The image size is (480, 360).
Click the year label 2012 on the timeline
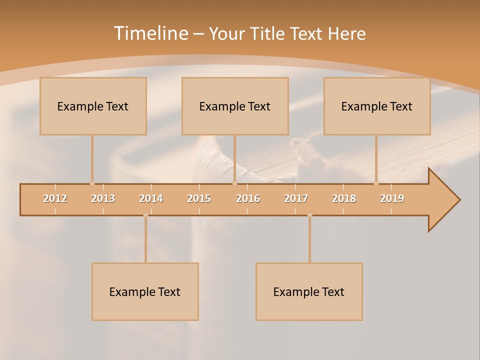pyautogui.click(x=55, y=199)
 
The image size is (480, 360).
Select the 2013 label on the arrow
pyautogui.click(x=103, y=199)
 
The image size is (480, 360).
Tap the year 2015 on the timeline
pyautogui.click(x=199, y=199)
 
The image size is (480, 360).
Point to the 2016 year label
pyautogui.click(x=248, y=199)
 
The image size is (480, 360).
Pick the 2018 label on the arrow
pyautogui.click(x=344, y=199)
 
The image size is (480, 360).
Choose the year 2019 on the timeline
pyautogui.click(x=392, y=199)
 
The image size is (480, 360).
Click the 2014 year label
pyautogui.click(x=151, y=199)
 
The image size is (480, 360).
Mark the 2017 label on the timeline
pyautogui.click(x=296, y=199)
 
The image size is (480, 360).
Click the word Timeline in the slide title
pyautogui.click(x=150, y=33)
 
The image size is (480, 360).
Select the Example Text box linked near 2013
pyautogui.click(x=93, y=106)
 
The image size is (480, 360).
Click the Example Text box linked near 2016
pyautogui.click(x=235, y=106)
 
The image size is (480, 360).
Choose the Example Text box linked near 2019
pyautogui.click(x=377, y=106)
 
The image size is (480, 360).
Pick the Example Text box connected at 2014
pyautogui.click(x=145, y=291)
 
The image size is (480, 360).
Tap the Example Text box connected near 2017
pyautogui.click(x=309, y=291)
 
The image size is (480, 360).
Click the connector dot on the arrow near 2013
pyautogui.click(x=92, y=183)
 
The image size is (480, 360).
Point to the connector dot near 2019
pyautogui.click(x=376, y=183)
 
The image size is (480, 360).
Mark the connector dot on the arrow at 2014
pyautogui.click(x=145, y=215)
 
